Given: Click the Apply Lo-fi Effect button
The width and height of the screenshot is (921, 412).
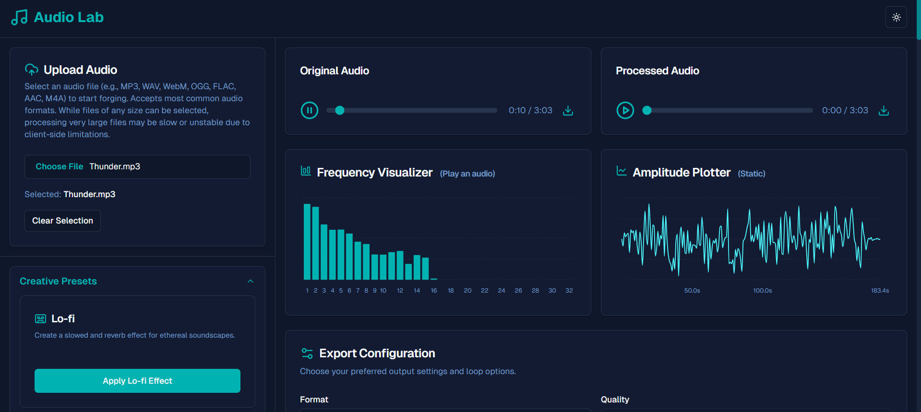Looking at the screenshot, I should (137, 381).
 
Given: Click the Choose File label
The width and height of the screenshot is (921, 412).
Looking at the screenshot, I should (60, 166).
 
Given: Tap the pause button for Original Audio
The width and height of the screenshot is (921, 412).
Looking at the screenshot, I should (310, 110).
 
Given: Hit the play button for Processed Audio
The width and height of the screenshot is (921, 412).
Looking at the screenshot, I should (625, 110).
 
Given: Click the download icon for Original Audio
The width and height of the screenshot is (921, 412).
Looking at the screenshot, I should (568, 110).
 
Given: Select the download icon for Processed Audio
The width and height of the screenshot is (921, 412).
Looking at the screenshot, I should (884, 110).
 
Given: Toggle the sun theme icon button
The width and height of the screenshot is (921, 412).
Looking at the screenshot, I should (896, 17).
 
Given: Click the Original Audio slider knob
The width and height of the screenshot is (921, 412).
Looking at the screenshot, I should (340, 110).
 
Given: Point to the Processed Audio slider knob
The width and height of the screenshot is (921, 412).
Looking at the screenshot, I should (647, 110).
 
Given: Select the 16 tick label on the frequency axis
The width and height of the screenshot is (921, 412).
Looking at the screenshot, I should (434, 291).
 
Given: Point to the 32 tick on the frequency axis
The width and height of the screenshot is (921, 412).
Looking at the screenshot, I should (569, 291).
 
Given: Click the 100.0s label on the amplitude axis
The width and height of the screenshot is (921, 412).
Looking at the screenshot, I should (762, 291).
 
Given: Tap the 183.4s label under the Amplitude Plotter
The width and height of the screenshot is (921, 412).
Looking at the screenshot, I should (880, 291).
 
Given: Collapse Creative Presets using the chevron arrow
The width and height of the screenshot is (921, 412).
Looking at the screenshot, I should (251, 281).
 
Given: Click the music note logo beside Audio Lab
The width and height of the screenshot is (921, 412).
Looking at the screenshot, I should (19, 18).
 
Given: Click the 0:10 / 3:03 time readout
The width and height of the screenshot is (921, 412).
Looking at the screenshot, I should (530, 110).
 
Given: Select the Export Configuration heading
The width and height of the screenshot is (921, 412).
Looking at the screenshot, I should (377, 353).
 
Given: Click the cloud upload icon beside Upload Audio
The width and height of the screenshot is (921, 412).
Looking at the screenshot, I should (32, 70).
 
